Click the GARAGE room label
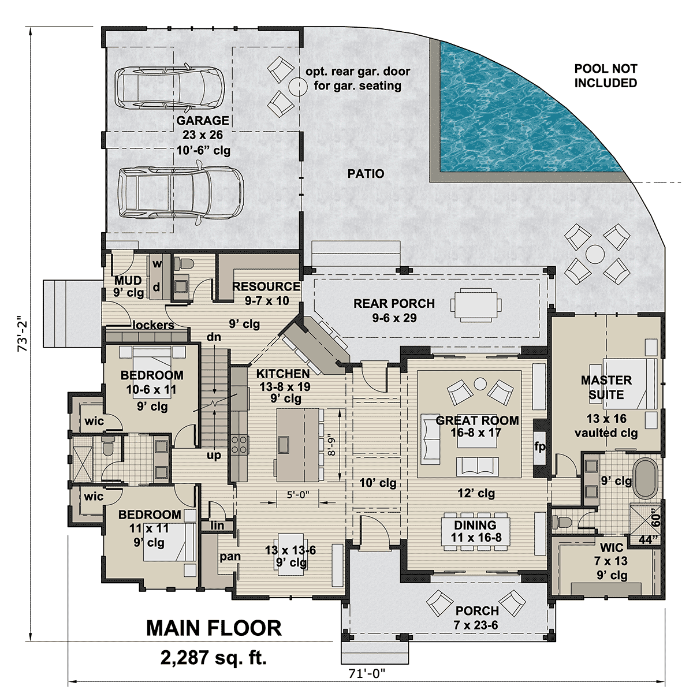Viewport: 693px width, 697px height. tap(203, 121)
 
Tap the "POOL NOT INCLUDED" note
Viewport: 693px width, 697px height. tap(605, 76)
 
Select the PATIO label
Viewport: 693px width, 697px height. tap(366, 174)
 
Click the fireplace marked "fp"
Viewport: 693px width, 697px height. tap(539, 447)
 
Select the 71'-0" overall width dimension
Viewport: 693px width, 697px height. tap(367, 673)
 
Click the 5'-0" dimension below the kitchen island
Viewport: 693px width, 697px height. tap(298, 494)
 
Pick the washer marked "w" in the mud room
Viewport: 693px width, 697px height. tap(157, 264)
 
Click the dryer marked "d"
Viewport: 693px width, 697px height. tap(157, 287)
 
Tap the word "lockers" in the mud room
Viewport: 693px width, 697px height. tap(154, 325)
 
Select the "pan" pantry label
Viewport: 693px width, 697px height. tap(230, 557)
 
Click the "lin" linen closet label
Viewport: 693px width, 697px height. tap(217, 525)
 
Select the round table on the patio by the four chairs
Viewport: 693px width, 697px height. tap(595, 254)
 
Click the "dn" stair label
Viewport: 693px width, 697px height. tap(214, 337)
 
